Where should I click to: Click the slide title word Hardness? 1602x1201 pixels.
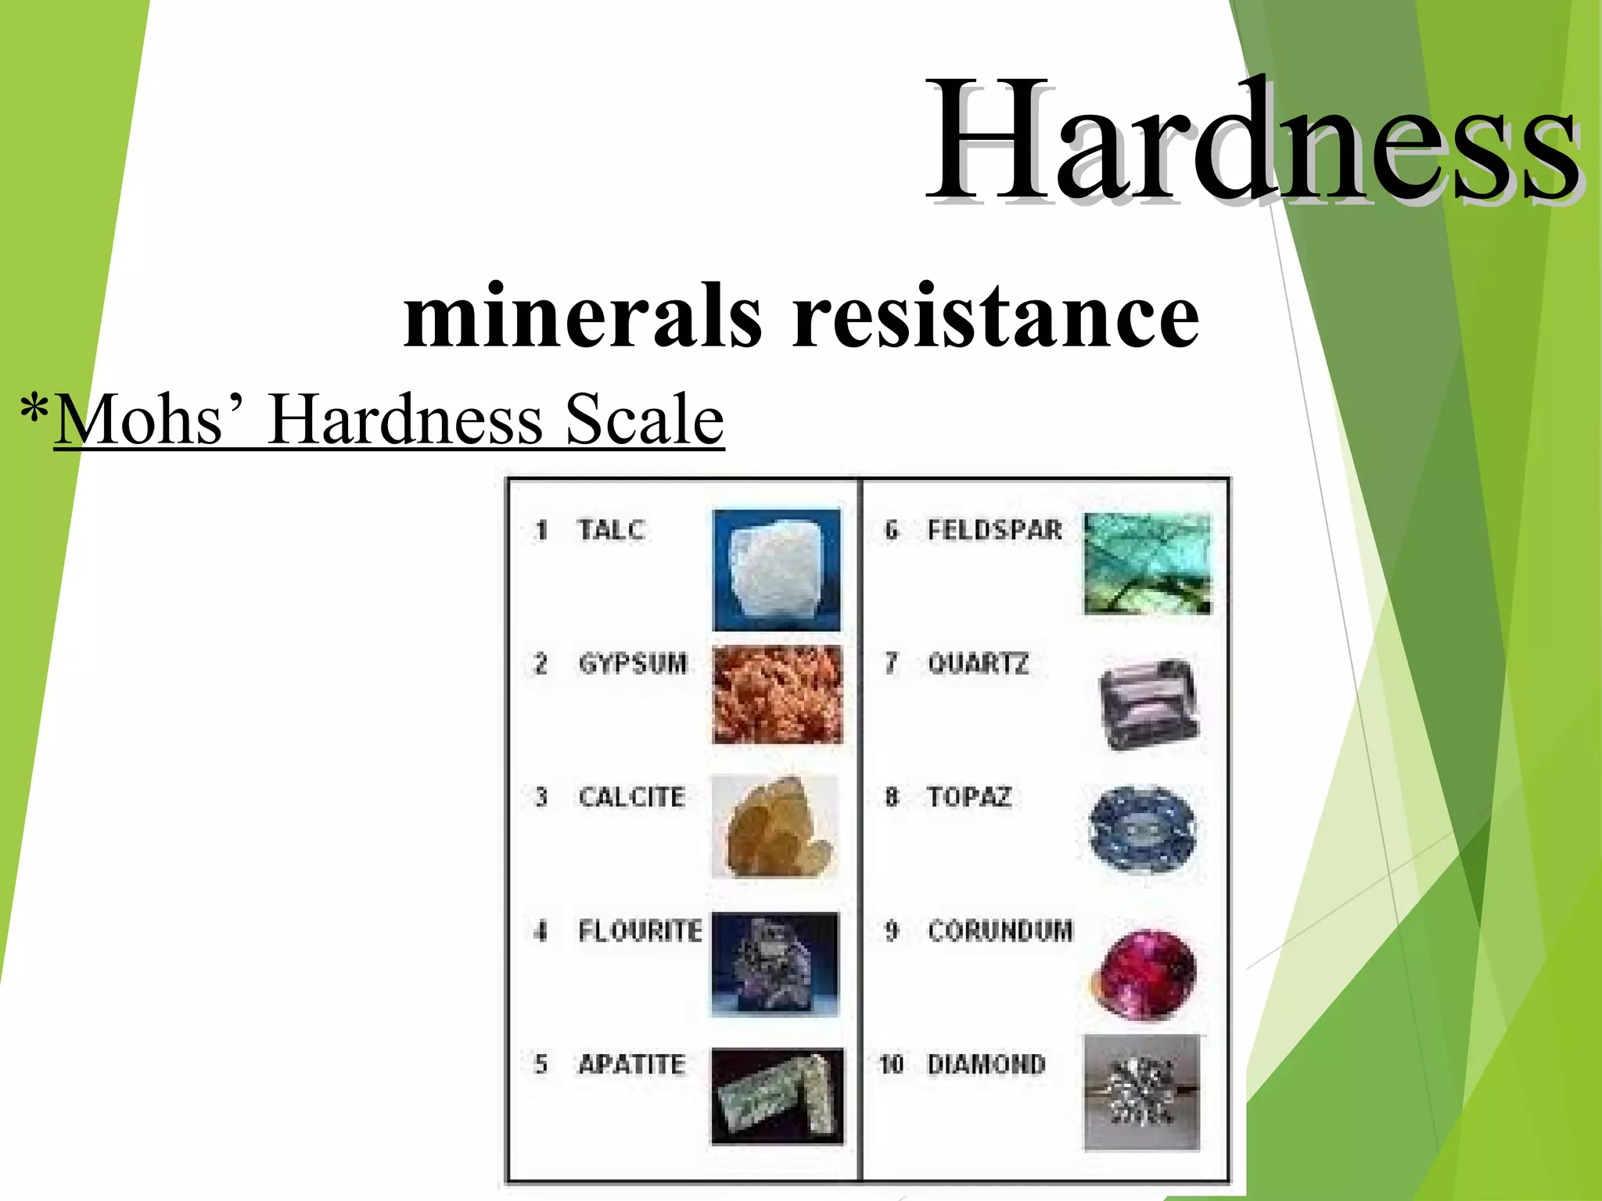tap(1252, 141)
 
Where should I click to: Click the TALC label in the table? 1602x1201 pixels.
tap(611, 530)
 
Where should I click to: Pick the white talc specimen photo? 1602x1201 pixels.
tap(777, 569)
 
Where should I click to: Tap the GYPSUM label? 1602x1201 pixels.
tap(632, 664)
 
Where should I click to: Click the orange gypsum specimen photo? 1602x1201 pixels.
tap(778, 695)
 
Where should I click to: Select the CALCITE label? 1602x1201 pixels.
tap(631, 798)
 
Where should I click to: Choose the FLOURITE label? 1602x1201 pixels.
tap(640, 931)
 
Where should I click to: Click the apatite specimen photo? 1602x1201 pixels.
tap(778, 1096)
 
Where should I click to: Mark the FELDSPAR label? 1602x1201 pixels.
tap(994, 530)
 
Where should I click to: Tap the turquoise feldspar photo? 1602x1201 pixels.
tap(1147, 564)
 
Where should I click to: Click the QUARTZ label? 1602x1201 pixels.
tap(978, 664)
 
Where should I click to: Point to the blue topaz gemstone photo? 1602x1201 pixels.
tap(1142, 829)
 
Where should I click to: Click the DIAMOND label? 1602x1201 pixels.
tap(986, 1064)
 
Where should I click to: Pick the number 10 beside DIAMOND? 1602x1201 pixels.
tap(891, 1064)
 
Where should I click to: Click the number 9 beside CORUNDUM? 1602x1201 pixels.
tap(892, 931)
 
